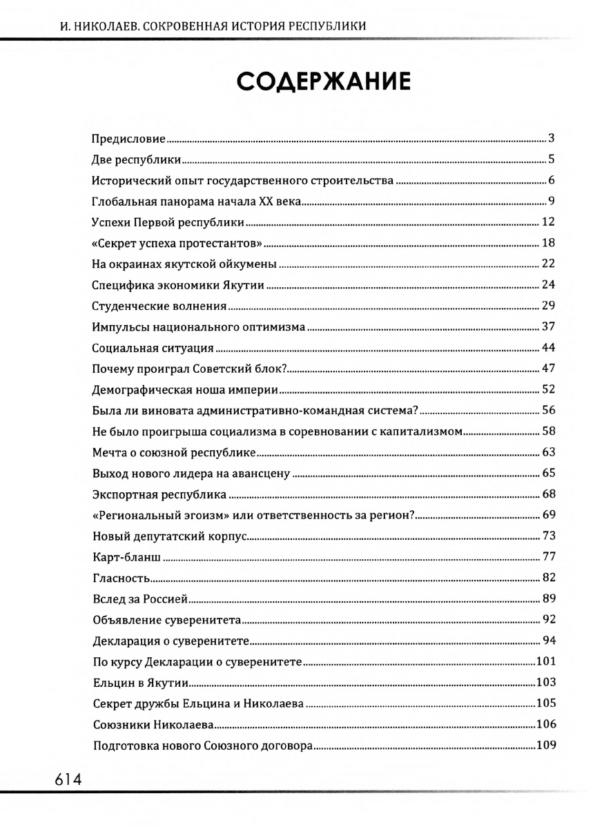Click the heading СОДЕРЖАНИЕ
coord(324,82)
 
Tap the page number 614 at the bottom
coord(66,779)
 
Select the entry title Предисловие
coord(129,139)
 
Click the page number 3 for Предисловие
coord(552,139)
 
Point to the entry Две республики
coord(137,160)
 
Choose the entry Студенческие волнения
coord(160,306)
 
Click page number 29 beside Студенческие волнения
coord(549,306)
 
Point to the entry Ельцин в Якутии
coord(141,683)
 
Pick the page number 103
coord(546,683)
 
